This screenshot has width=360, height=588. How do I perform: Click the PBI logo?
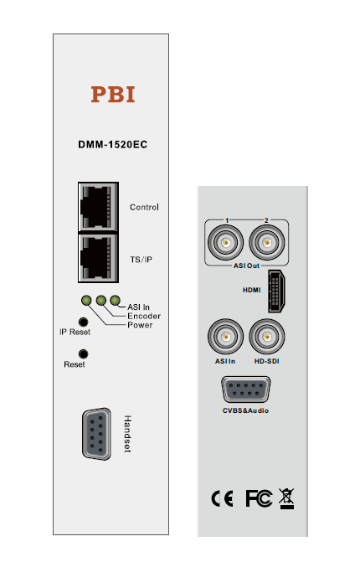pyautogui.click(x=113, y=94)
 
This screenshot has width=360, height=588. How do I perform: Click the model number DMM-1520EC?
pyautogui.click(x=112, y=144)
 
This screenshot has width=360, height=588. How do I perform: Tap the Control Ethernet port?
pyautogui.click(x=98, y=207)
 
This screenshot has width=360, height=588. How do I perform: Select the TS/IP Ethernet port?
pyautogui.click(x=98, y=258)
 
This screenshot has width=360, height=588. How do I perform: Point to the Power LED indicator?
pyautogui.click(x=86, y=301)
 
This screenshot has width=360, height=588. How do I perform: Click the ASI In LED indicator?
pyautogui.click(x=116, y=300)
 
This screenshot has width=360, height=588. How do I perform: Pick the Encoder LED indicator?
pyautogui.click(x=100, y=300)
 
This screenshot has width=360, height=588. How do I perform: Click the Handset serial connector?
pyautogui.click(x=96, y=434)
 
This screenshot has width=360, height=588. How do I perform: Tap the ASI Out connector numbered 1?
pyautogui.click(x=225, y=243)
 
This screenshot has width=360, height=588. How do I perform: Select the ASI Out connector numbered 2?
pyautogui.click(x=266, y=243)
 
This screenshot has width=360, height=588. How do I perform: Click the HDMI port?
pyautogui.click(x=276, y=291)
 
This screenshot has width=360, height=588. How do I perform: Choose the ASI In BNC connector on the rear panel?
pyautogui.click(x=225, y=337)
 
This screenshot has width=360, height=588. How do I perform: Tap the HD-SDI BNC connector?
pyautogui.click(x=266, y=337)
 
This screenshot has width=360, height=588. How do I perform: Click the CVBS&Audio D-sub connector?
pyautogui.click(x=245, y=389)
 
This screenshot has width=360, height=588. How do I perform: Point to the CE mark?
pyautogui.click(x=222, y=498)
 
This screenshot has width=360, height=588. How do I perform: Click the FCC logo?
pyautogui.click(x=259, y=498)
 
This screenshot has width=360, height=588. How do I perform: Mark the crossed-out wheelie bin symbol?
pyautogui.click(x=287, y=498)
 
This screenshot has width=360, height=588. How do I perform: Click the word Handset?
pyautogui.click(x=127, y=434)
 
